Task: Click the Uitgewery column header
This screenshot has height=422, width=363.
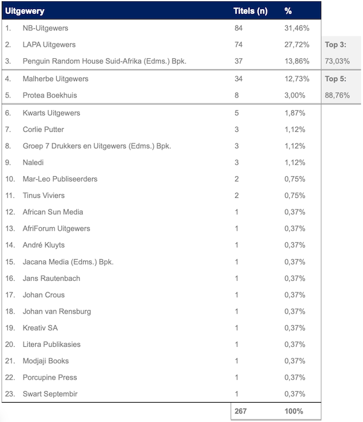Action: tap(25, 11)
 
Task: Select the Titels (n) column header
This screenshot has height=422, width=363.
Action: tap(250, 11)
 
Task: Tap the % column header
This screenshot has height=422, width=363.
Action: tap(288, 11)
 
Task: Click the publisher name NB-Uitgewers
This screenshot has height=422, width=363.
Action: tap(45, 28)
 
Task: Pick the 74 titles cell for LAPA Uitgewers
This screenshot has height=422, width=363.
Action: tap(238, 45)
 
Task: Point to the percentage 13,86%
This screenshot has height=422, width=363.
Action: tap(297, 61)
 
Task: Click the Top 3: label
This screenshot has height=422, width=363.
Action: tap(336, 45)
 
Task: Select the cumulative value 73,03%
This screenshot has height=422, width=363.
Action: tap(338, 61)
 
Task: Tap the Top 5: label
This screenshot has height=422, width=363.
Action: tap(336, 79)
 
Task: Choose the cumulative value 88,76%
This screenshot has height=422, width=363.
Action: tap(338, 95)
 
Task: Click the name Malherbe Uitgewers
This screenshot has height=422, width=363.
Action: tap(55, 79)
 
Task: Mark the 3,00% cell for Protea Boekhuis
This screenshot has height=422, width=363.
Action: tap(295, 95)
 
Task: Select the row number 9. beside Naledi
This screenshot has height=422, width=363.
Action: tap(8, 162)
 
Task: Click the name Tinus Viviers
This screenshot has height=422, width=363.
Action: tap(44, 196)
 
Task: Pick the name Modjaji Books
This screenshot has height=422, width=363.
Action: tap(45, 361)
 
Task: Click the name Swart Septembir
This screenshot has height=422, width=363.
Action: tap(50, 394)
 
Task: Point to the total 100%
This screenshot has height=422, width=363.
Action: tap(294, 411)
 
